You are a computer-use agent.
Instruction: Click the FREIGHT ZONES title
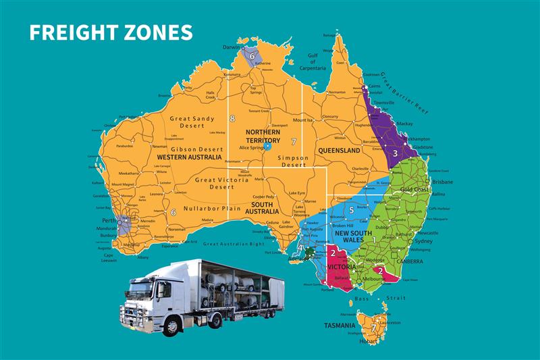(111, 32)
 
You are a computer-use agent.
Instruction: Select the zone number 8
(232, 119)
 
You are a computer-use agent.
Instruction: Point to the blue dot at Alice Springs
(268, 146)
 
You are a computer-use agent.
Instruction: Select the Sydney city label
(423, 241)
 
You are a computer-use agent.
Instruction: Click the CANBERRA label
(409, 261)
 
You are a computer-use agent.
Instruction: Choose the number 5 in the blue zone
(352, 211)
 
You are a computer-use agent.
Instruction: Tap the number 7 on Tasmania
(373, 328)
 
